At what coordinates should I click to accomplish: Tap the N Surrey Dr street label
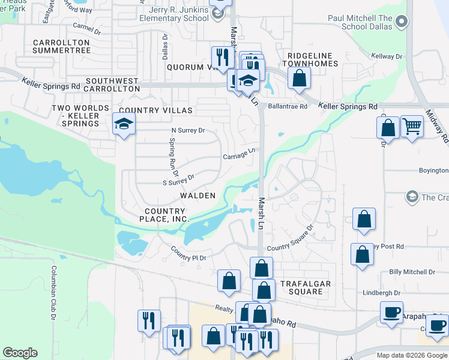point(188,130)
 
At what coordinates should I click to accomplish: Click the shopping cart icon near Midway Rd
point(411,127)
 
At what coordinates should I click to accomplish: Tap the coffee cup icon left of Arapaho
point(391,312)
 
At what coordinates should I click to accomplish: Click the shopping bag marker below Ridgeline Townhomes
point(298,78)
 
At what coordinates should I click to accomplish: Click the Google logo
point(20,353)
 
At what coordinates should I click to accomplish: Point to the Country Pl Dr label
point(188,253)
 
